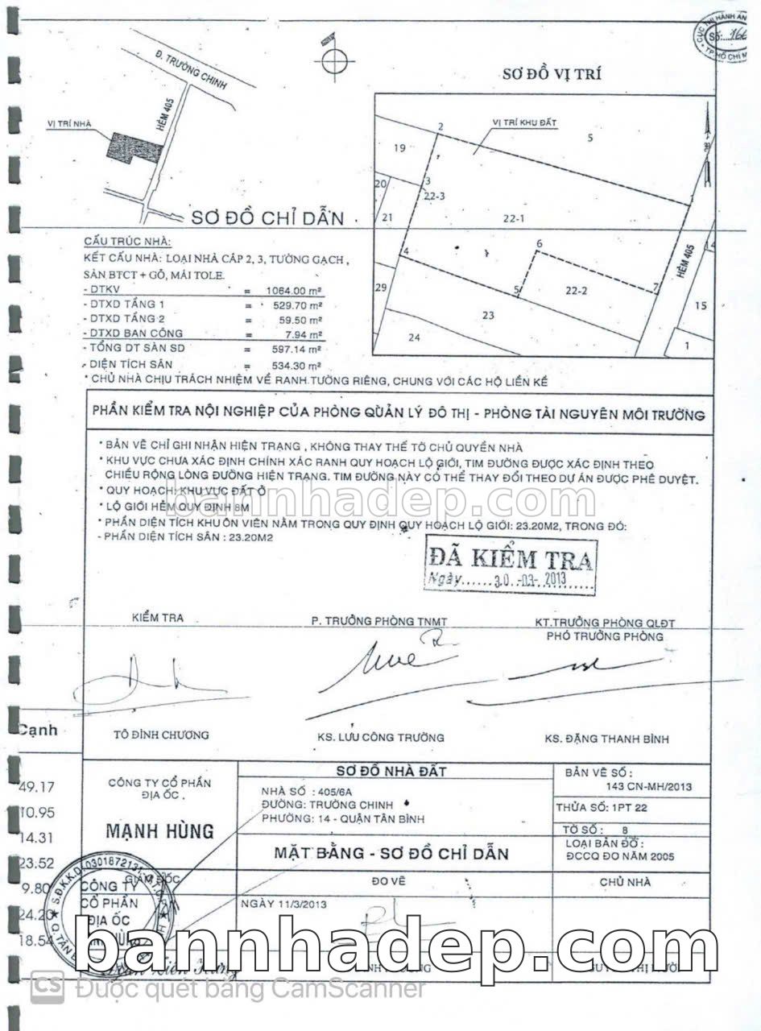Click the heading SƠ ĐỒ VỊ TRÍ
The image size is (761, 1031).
tap(551, 76)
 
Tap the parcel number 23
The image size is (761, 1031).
tap(487, 315)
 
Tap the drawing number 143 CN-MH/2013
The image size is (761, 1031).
tap(647, 787)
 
